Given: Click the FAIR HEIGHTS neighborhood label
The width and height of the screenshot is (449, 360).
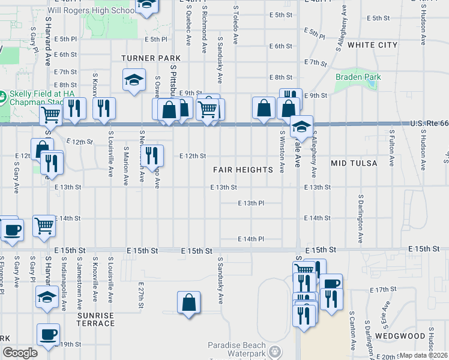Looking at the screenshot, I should [x=243, y=170].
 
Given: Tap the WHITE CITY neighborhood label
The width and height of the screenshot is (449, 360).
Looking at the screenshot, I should [x=372, y=45].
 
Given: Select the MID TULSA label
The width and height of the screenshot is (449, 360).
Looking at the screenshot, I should [x=354, y=163].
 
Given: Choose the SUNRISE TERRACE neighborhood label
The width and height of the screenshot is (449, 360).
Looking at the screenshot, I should [x=95, y=319].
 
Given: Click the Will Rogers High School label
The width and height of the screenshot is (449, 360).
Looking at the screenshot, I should [x=100, y=11].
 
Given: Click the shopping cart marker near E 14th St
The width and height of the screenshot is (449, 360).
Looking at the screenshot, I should [x=44, y=226].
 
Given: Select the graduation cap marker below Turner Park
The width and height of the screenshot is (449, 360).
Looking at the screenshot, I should [x=134, y=80].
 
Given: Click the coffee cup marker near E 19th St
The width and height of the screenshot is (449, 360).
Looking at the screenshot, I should [x=48, y=334].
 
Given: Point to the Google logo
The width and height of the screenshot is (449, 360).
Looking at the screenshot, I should [x=20, y=353].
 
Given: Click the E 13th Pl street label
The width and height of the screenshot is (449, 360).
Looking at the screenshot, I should [x=251, y=203].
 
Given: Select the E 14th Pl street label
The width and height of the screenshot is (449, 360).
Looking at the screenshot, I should [x=251, y=239].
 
